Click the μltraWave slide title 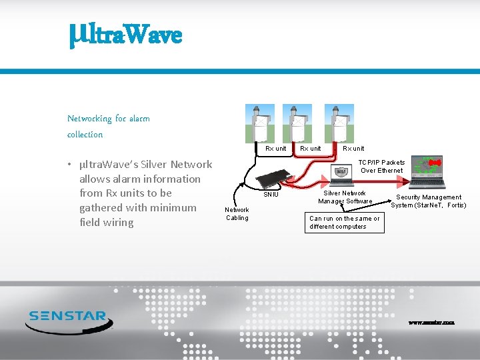(x=125, y=33)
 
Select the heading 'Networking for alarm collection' (x=108, y=126)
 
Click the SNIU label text (x=271, y=195)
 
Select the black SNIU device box (x=275, y=179)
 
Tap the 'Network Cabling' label (x=237, y=213)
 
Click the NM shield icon (x=341, y=172)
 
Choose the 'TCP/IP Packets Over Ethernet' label (x=382, y=167)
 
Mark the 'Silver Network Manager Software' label (x=345, y=197)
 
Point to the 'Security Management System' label (x=428, y=201)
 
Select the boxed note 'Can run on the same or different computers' (x=345, y=223)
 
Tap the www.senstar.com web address (x=431, y=323)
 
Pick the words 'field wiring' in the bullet (x=106, y=223)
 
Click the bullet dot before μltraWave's (x=70, y=165)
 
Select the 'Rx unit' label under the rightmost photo (x=353, y=149)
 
